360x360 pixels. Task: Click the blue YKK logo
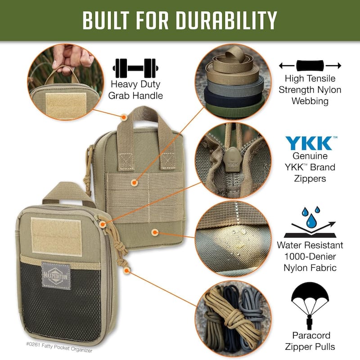(310, 143)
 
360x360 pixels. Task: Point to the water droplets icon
(310, 215)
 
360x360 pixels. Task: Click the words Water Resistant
(310, 245)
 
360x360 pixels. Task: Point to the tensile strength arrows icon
(310, 66)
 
